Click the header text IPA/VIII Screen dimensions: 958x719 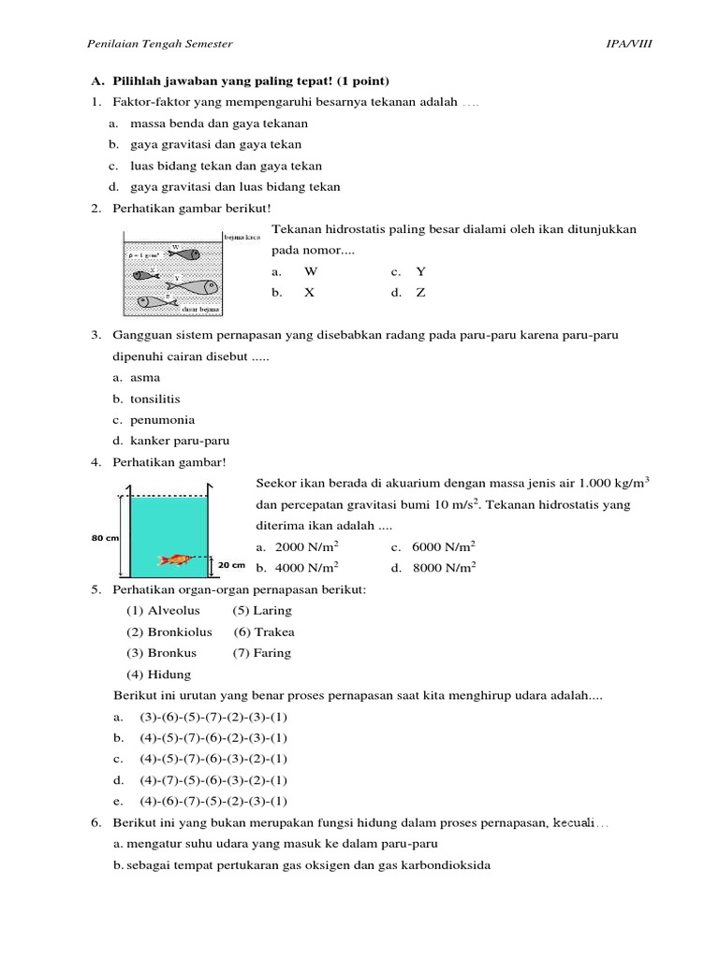pos(630,44)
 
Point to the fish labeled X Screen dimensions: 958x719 pos(147,274)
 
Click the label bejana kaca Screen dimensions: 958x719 pos(242,238)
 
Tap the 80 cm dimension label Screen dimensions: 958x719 pos(104,538)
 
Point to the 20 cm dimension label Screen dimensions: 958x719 pos(231,565)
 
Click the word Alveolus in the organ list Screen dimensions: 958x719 pos(173,611)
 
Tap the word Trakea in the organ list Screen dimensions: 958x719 pos(274,632)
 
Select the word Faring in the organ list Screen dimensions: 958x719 pos(272,653)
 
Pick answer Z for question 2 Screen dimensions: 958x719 pos(421,293)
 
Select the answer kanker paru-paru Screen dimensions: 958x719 pos(180,441)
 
